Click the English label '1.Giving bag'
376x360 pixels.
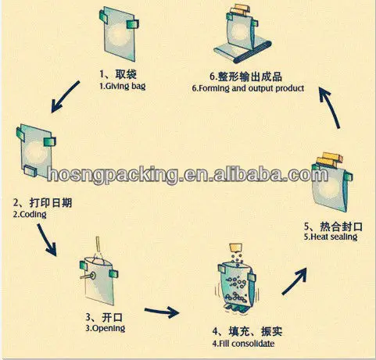(x=123, y=87)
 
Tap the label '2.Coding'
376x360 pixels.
(x=30, y=215)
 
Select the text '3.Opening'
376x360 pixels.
(x=106, y=328)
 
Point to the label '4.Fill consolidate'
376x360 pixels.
(x=243, y=344)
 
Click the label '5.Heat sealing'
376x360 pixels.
(x=331, y=237)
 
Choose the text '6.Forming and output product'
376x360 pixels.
(x=248, y=88)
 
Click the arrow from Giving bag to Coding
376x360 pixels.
(x=65, y=97)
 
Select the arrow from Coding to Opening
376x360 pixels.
(x=47, y=240)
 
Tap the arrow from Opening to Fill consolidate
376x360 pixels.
(x=162, y=312)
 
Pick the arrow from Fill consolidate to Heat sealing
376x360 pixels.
(x=295, y=282)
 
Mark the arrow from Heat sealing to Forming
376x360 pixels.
(x=330, y=108)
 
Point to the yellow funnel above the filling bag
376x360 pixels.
(x=236, y=248)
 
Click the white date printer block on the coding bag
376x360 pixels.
(x=30, y=171)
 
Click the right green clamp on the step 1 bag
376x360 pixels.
(x=133, y=24)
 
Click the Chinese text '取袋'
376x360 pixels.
(x=126, y=74)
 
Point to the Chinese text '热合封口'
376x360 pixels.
(x=341, y=226)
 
